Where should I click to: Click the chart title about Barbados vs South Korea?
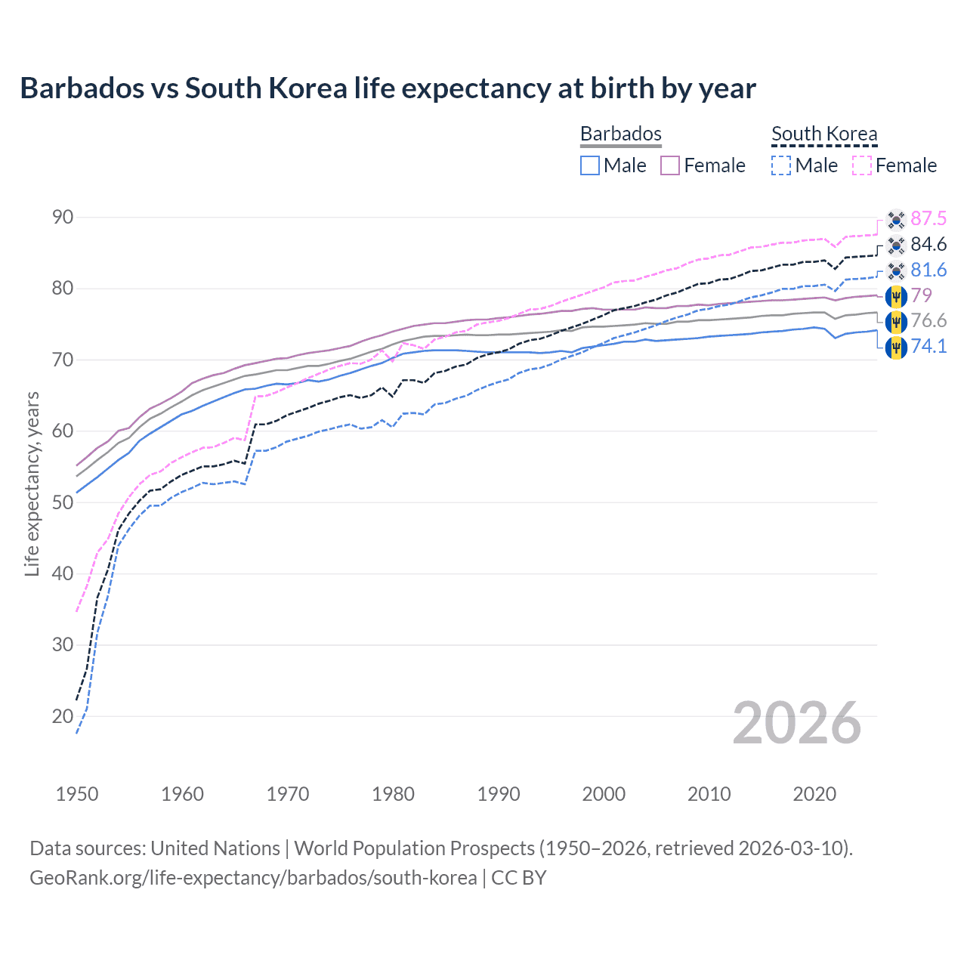(388, 88)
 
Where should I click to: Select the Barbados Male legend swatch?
(590, 165)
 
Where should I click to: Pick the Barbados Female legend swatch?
(670, 165)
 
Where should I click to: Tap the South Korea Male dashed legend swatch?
(781, 165)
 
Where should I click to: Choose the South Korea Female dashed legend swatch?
(862, 165)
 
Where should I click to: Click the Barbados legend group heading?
(621, 134)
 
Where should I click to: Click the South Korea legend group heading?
(824, 134)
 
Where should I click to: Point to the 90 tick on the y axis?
(63, 218)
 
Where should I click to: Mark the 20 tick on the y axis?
(63, 716)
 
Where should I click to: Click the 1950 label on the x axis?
(77, 794)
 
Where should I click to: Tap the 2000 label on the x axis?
(604, 794)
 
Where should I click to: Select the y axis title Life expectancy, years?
(32, 483)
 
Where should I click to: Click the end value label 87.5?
(928, 219)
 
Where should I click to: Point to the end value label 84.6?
(928, 245)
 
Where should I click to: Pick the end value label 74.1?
(928, 347)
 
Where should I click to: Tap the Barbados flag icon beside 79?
(896, 296)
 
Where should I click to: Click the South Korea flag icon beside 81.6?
(896, 270)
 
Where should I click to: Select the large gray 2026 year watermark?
(797, 723)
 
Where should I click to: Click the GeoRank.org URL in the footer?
(253, 878)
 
